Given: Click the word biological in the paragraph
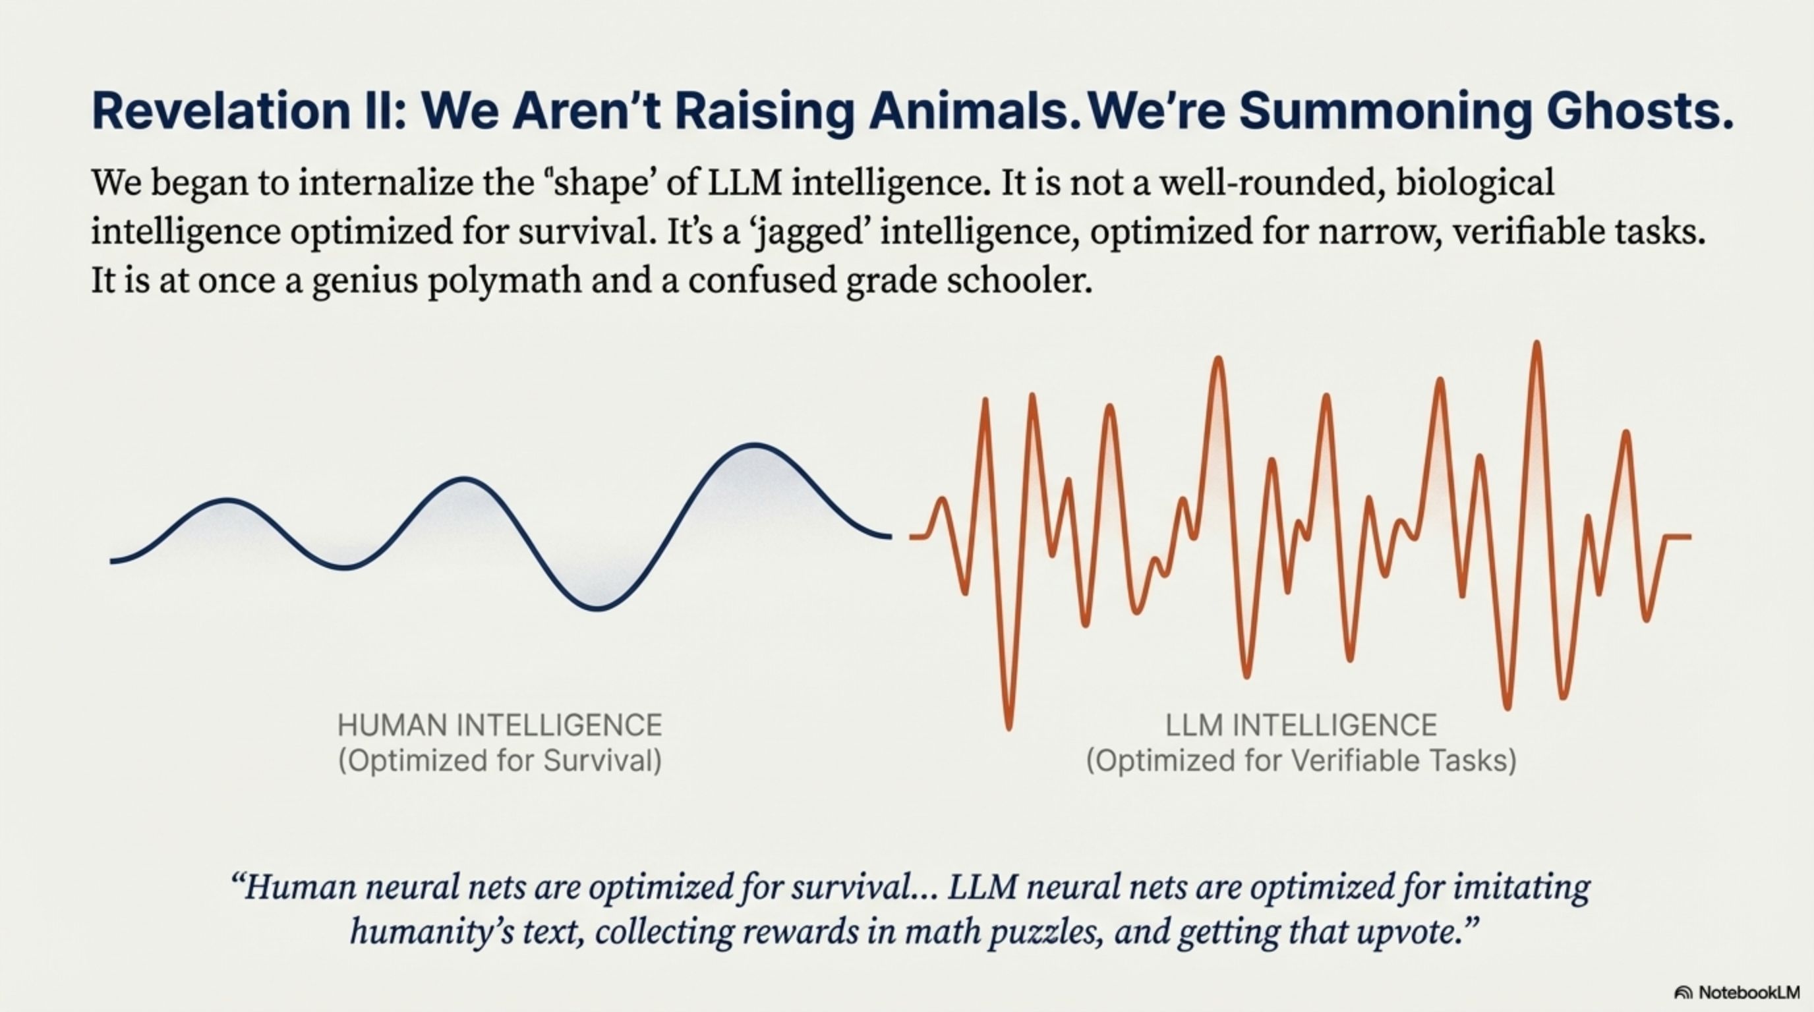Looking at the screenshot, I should [1475, 183].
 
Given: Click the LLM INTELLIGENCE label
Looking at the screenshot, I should [1301, 725].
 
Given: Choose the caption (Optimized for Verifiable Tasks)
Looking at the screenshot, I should [1301, 762].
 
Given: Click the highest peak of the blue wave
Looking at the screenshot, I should [754, 445].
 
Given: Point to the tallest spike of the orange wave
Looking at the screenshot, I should [1536, 343].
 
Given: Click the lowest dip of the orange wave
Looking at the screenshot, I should [1009, 727].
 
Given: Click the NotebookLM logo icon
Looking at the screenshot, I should [1683, 993].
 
